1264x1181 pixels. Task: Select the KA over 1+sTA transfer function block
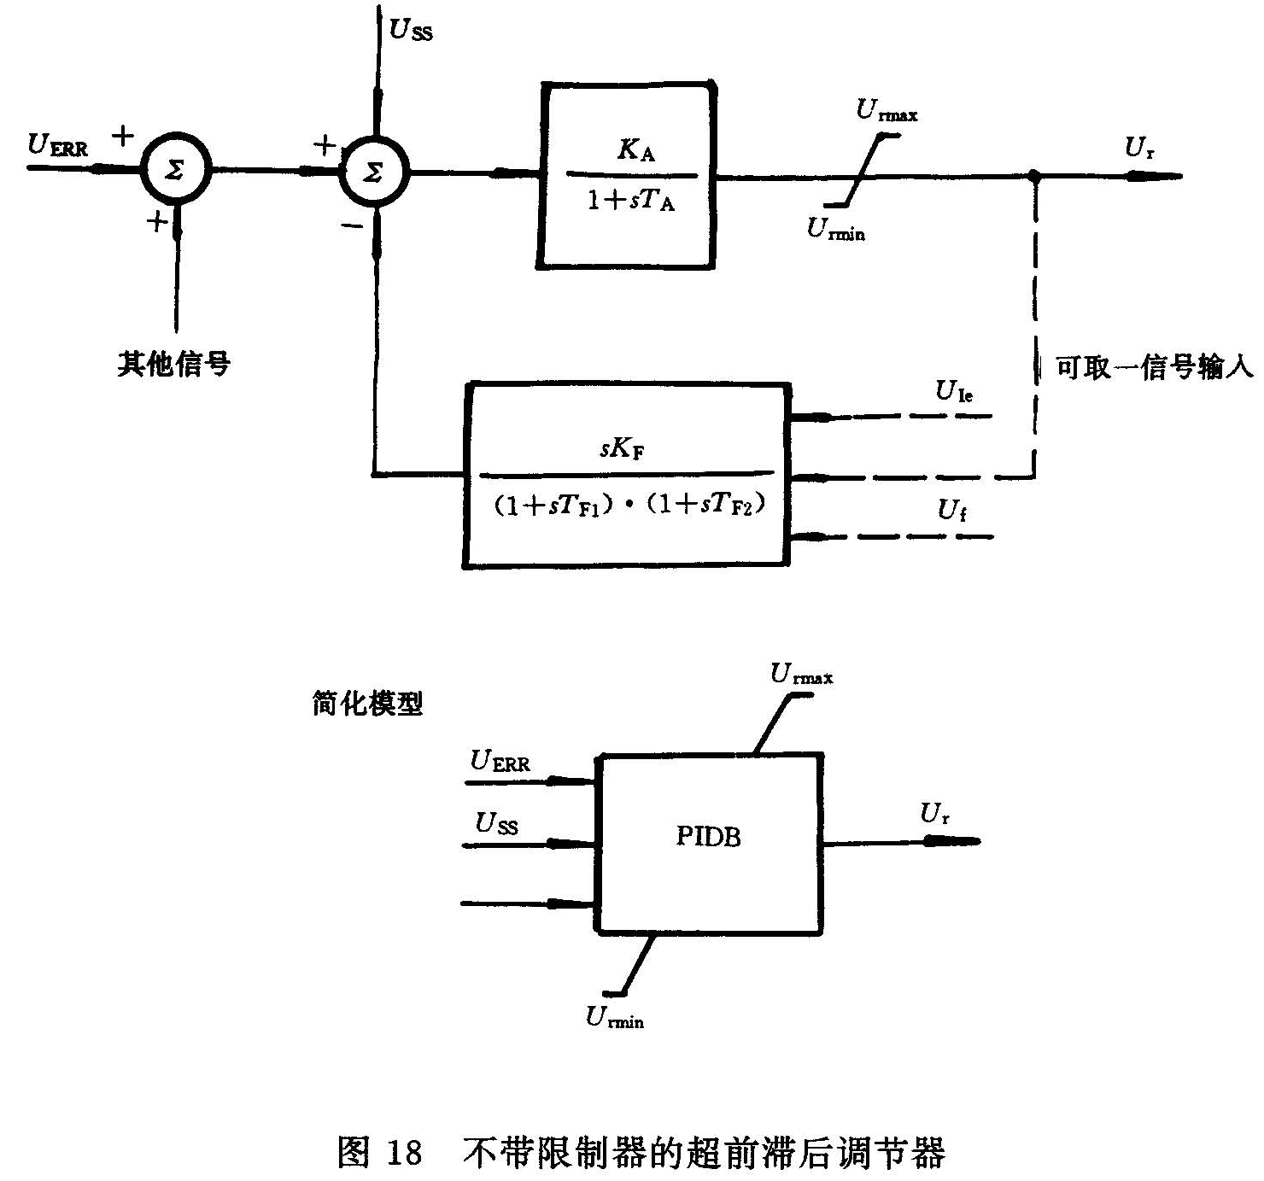click(x=628, y=177)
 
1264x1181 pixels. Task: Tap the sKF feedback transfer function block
click(x=626, y=475)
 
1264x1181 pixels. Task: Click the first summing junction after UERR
click(x=174, y=169)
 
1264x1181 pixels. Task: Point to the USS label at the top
click(x=411, y=30)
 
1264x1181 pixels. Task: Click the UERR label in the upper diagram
click(x=58, y=146)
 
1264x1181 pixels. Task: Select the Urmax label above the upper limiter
click(x=887, y=112)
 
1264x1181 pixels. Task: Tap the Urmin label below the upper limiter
click(x=835, y=230)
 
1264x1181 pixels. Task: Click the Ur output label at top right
click(x=1139, y=149)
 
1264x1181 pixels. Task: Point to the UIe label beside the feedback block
click(x=954, y=392)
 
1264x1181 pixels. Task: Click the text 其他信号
click(x=174, y=365)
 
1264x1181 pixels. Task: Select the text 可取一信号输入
click(x=1154, y=368)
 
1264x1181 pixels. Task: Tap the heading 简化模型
click(x=367, y=705)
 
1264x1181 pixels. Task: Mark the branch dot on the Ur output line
click(x=1034, y=177)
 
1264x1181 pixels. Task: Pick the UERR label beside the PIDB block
click(x=500, y=761)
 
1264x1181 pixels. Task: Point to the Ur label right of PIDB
click(x=934, y=814)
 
